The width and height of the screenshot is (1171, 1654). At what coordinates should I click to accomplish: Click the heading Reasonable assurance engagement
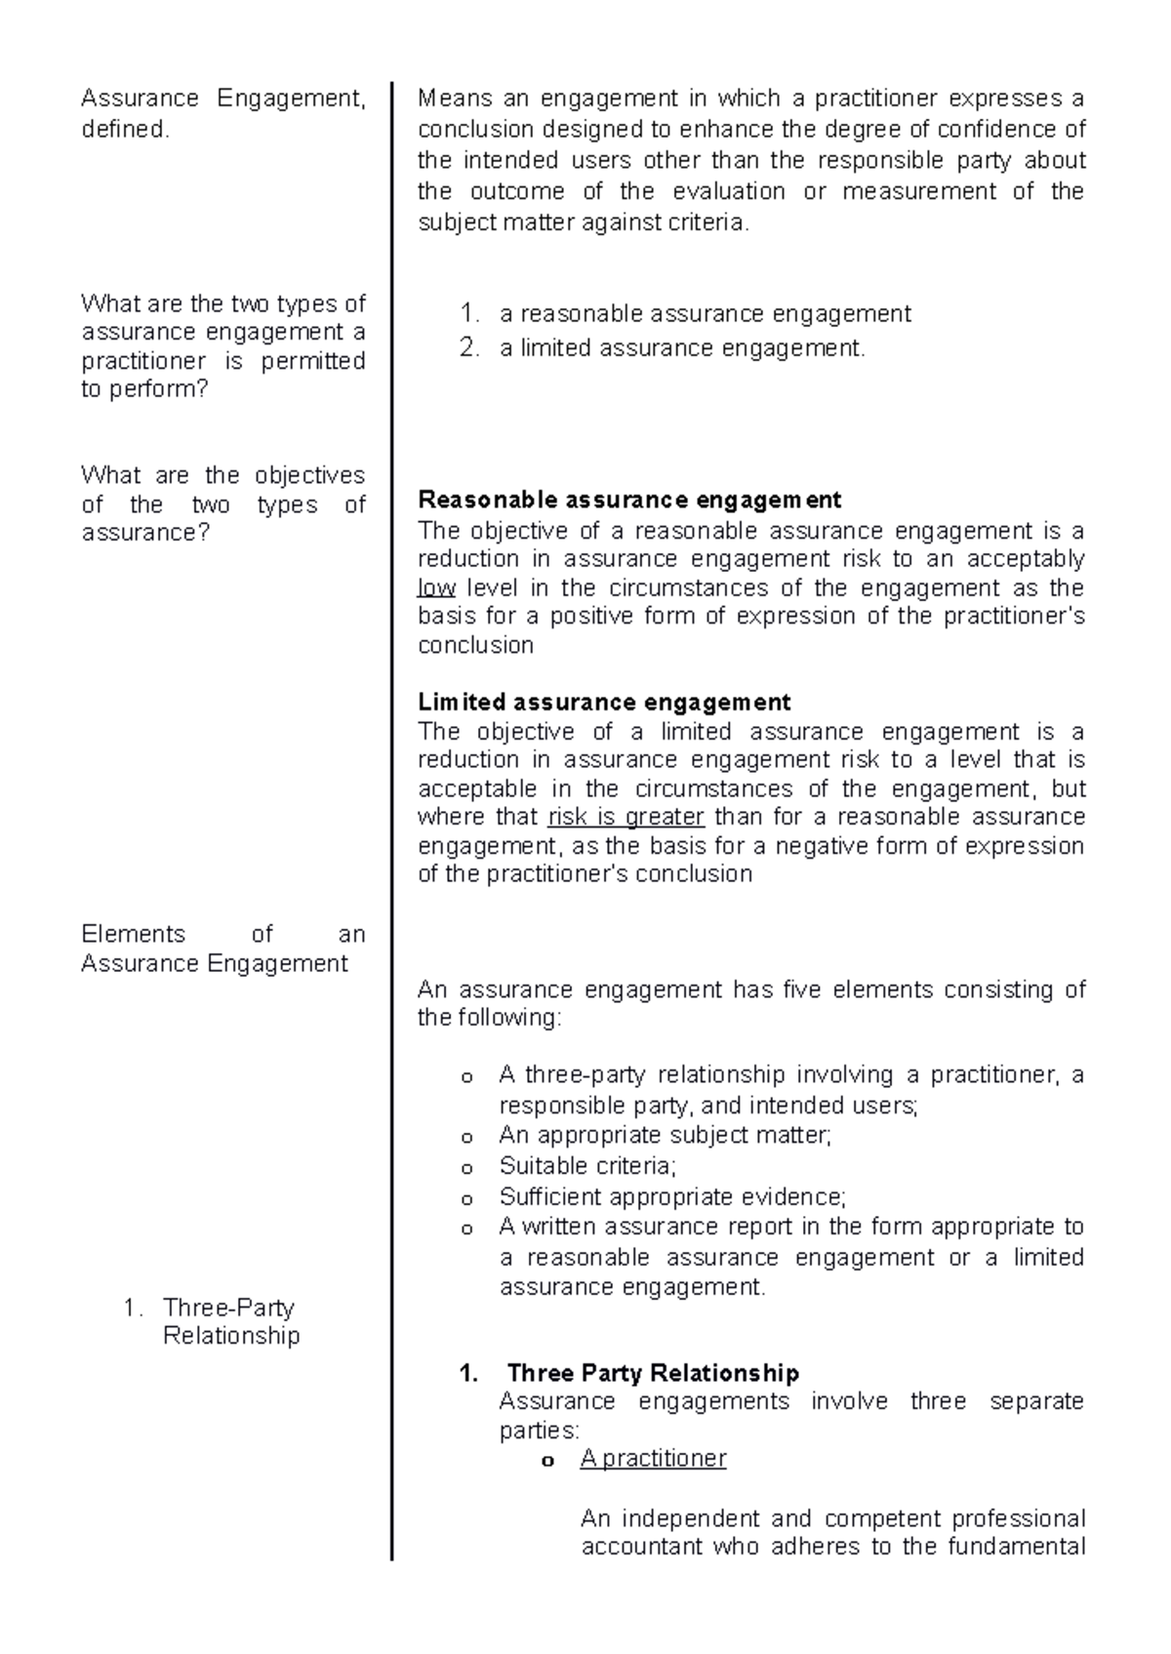click(628, 501)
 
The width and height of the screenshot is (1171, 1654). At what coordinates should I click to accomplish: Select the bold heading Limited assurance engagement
click(603, 703)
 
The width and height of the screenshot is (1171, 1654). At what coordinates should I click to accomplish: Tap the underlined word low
click(436, 588)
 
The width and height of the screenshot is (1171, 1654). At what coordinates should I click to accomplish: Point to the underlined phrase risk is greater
click(626, 817)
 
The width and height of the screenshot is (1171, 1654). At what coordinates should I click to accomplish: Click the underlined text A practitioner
click(653, 1459)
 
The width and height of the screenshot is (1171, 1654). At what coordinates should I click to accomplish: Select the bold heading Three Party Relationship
click(653, 1374)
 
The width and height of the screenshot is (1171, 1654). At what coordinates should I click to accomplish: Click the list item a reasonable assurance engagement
click(705, 314)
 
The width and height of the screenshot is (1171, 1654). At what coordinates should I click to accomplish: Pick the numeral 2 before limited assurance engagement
click(468, 348)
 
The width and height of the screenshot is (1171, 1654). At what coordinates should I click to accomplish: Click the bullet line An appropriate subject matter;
click(665, 1136)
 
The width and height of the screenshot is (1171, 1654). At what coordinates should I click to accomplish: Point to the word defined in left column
click(125, 129)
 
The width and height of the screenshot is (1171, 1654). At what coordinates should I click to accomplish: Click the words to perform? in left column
click(144, 389)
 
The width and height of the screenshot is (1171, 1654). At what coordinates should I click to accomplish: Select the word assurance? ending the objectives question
click(145, 533)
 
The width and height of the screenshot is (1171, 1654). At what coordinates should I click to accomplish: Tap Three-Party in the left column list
click(228, 1308)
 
